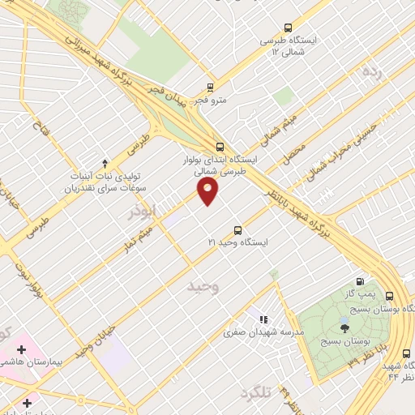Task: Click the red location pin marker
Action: [208, 191]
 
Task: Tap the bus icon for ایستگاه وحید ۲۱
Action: [237, 229]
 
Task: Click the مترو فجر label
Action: [209, 101]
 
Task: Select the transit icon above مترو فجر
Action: [211, 88]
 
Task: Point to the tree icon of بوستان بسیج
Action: [345, 327]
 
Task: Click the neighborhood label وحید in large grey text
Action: [203, 287]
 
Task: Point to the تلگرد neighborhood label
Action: [257, 393]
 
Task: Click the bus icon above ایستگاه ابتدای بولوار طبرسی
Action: [220, 147]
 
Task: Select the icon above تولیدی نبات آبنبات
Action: [105, 164]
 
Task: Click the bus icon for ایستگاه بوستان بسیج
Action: [390, 296]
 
